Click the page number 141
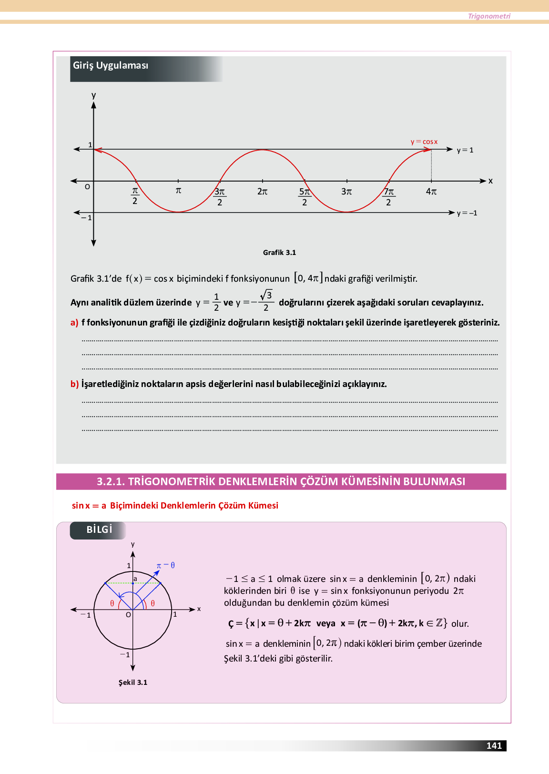click(x=494, y=746)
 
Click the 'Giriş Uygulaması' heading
click(x=111, y=66)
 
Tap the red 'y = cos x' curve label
click(x=424, y=142)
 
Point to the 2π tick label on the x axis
click(x=263, y=192)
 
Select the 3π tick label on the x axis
click(x=346, y=192)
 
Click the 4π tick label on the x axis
click(x=431, y=192)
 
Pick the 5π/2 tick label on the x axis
click(x=305, y=196)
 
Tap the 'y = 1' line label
click(x=465, y=150)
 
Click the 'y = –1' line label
click(x=467, y=213)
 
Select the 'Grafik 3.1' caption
click(x=279, y=253)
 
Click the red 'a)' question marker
click(x=74, y=323)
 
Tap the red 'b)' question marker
click(x=74, y=384)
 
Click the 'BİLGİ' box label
click(x=99, y=530)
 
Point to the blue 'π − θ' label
click(x=166, y=565)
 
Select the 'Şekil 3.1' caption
click(x=133, y=682)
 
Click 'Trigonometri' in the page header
click(x=489, y=16)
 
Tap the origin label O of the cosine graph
click(x=87, y=187)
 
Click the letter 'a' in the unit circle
click(x=135, y=579)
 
